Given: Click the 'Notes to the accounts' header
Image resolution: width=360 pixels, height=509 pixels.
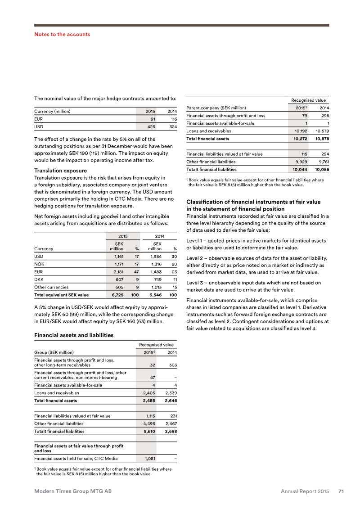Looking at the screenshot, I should pyautogui.click(x=62, y=34).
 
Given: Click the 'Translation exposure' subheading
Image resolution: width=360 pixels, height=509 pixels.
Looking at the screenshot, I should pyautogui.click(x=60, y=171).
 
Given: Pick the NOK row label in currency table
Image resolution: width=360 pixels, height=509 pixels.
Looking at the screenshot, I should pyautogui.click(x=39, y=265).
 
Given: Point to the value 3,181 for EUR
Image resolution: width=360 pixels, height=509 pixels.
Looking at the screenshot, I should pyautogui.click(x=117, y=272).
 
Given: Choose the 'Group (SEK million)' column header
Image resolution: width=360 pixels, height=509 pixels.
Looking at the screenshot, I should pyautogui.click(x=54, y=352).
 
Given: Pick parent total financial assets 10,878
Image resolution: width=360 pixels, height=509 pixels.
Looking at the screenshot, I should pyautogui.click(x=321, y=139).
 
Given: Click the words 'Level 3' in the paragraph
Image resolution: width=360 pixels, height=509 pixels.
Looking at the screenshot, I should pyautogui.click(x=195, y=283).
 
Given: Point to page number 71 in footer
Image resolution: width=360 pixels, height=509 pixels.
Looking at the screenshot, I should pyautogui.click(x=341, y=491).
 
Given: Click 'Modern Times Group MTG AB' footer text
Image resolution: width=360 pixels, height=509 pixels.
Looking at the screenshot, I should pyautogui.click(x=73, y=491).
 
